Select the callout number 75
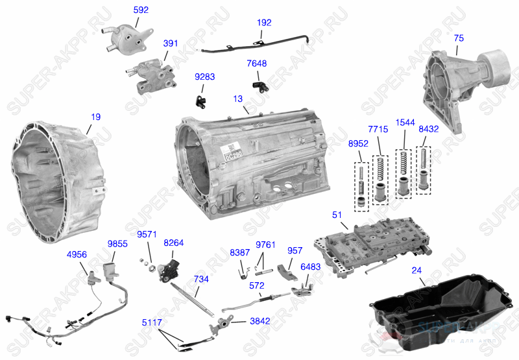[459, 38]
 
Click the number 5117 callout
[153, 322]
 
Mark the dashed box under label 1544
[404, 172]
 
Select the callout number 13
[238, 99]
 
